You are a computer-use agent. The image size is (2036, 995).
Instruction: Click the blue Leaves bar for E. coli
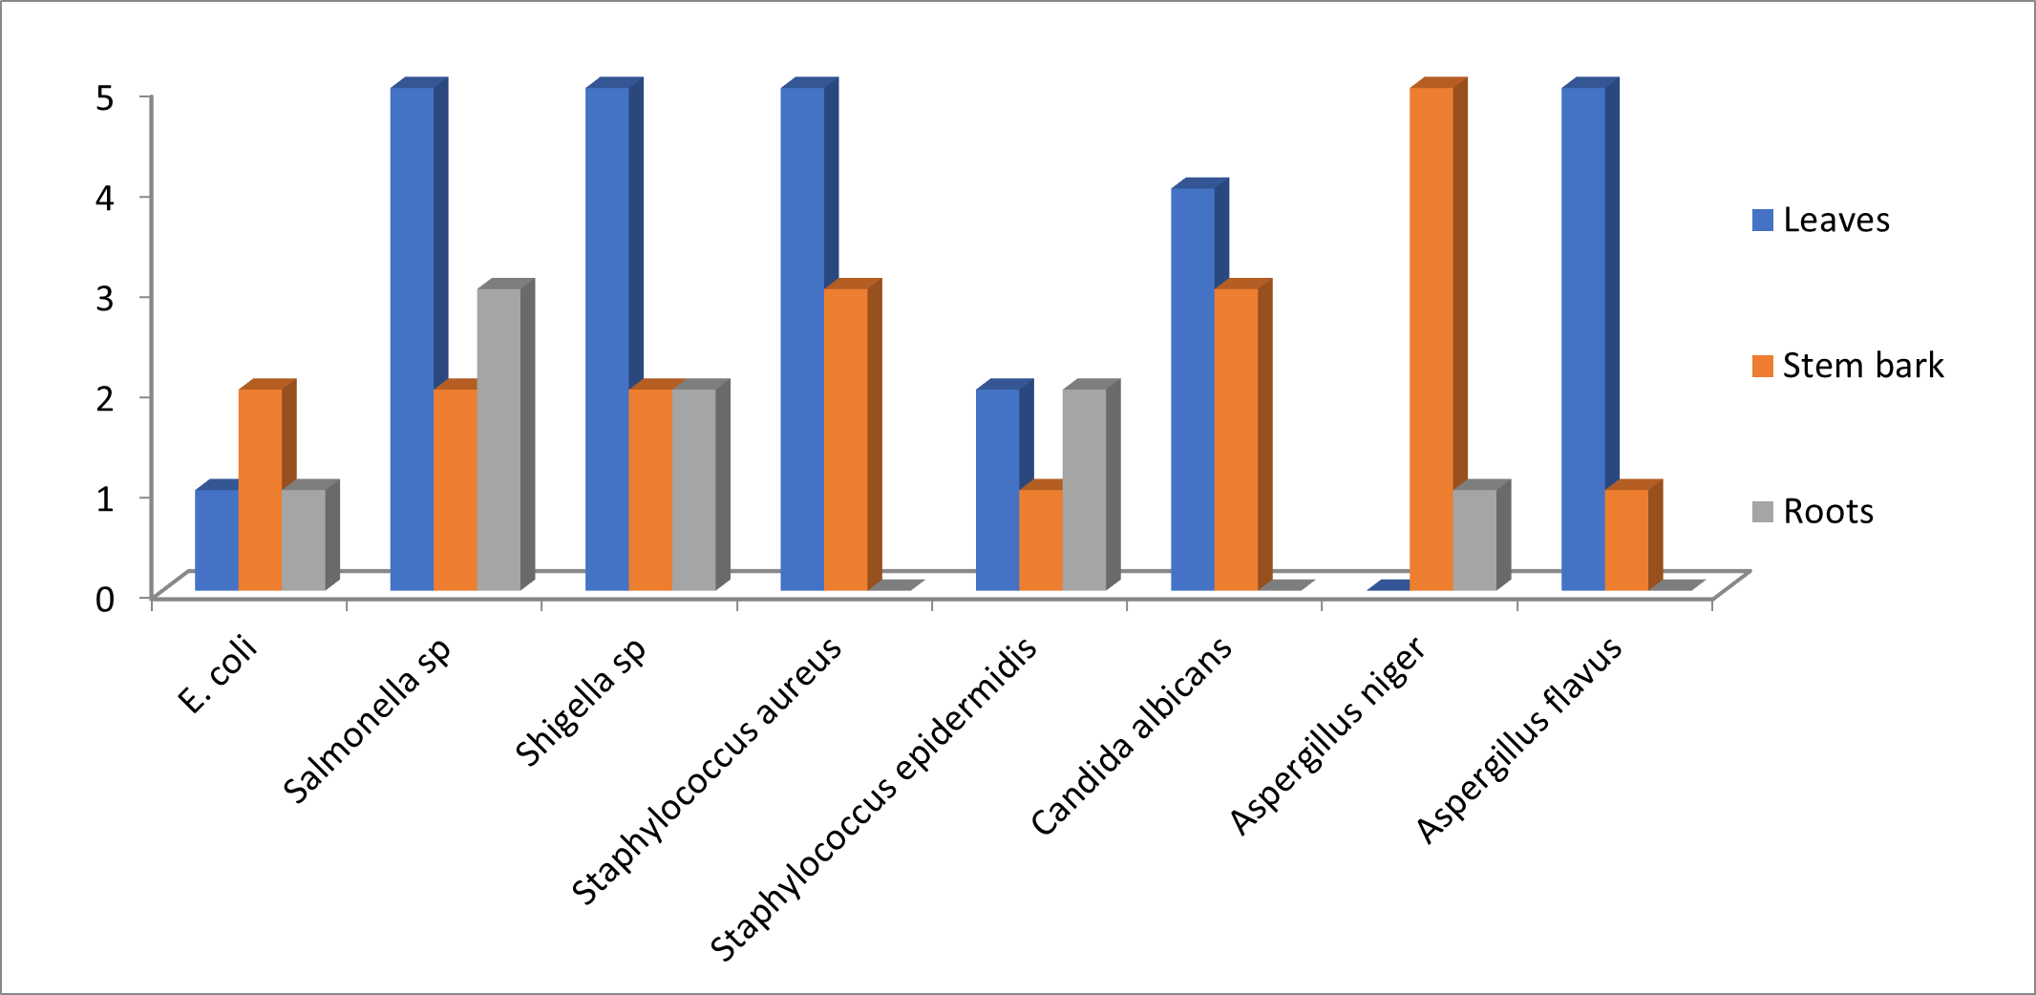tap(217, 540)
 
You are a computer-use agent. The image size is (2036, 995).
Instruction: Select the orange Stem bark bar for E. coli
tap(260, 489)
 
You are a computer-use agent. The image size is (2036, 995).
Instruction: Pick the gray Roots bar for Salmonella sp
tap(498, 439)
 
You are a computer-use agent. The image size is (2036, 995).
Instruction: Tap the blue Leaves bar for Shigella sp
tap(607, 339)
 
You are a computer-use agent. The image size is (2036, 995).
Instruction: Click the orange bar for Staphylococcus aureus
tap(846, 439)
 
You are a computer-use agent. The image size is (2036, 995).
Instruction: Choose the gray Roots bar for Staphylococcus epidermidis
tap(1084, 489)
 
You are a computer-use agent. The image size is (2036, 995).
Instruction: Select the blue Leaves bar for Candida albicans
tap(1193, 389)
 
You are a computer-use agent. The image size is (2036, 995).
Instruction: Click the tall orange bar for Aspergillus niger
tap(1432, 339)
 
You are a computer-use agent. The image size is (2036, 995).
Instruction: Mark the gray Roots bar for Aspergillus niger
tap(1474, 540)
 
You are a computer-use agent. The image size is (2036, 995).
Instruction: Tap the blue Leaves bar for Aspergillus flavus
tap(1583, 339)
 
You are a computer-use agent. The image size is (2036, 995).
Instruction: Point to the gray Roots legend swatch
tap(1763, 511)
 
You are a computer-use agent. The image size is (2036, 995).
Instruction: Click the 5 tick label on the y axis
tap(105, 96)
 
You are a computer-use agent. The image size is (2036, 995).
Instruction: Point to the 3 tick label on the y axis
tap(105, 297)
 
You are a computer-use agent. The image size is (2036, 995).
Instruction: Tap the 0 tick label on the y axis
tap(105, 600)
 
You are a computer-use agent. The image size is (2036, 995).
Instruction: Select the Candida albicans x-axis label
tap(1133, 736)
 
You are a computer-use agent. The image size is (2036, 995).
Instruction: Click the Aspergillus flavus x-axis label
tap(1519, 740)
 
